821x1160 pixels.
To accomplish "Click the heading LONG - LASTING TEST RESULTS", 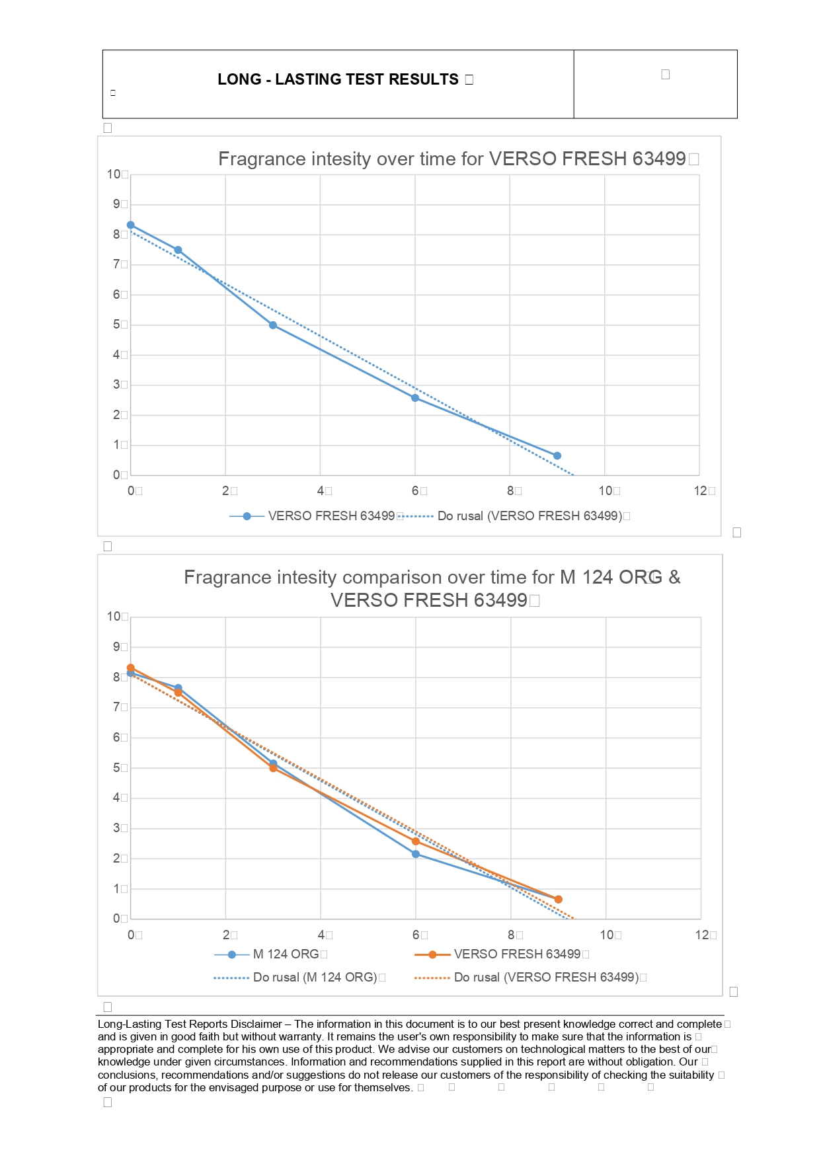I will click(338, 79).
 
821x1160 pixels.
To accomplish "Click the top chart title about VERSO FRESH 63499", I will click(451, 159).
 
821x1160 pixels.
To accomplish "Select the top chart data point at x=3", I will click(273, 325).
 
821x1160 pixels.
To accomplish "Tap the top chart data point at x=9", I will click(557, 455).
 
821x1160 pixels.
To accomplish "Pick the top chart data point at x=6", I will click(415, 398).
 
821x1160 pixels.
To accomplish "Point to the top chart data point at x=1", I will click(178, 250).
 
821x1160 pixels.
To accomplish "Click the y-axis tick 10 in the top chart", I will click(114, 174).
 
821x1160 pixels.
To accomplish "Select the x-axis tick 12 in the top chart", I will click(701, 490).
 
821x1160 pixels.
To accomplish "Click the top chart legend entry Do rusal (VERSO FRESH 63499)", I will click(529, 516).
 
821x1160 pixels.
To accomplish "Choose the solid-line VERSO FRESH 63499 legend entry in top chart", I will click(331, 516).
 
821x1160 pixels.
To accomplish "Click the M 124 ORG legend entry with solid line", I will click(286, 954).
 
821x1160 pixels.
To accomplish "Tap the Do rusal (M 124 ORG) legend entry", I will click(315, 978).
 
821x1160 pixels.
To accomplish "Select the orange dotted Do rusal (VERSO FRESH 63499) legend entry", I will click(546, 978).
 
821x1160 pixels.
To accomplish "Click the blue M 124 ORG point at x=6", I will click(416, 854).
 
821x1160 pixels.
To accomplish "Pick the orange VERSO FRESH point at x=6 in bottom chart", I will click(416, 841).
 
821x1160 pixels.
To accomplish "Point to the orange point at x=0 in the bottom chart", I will click(131, 668).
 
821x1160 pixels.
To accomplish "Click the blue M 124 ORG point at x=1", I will click(178, 688).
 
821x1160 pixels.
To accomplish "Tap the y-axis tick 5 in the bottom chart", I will click(116, 768).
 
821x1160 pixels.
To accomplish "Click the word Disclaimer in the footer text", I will click(258, 1024).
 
